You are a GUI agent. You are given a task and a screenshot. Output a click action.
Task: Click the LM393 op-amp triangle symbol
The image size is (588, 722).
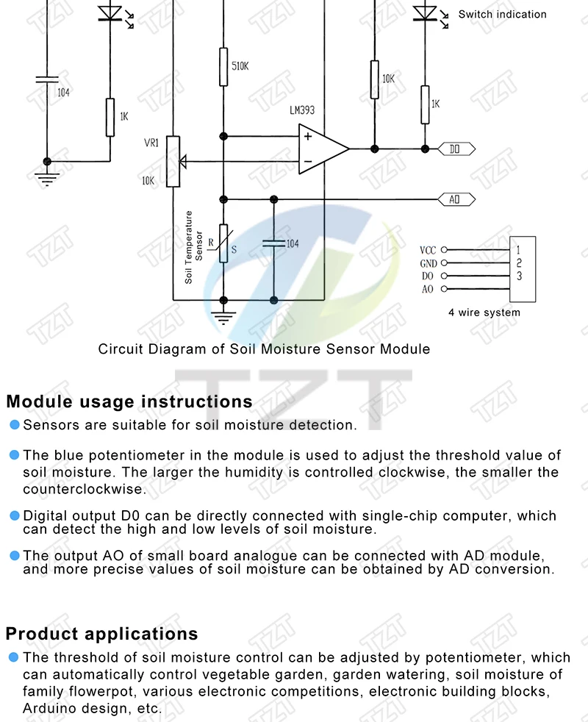[322, 149]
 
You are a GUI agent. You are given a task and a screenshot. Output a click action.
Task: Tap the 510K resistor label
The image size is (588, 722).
[240, 66]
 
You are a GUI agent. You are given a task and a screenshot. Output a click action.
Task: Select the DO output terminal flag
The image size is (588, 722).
[456, 149]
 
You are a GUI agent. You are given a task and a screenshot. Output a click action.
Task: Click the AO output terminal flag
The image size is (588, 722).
[456, 199]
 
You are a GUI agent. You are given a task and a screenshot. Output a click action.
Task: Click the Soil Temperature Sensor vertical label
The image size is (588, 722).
[193, 247]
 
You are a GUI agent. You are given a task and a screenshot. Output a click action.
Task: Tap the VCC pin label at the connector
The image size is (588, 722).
[428, 251]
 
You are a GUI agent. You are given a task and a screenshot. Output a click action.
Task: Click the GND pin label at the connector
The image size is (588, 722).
[428, 263]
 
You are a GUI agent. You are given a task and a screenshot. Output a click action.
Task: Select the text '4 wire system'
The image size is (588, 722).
[484, 312]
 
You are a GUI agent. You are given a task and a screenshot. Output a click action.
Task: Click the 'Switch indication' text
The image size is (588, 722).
[503, 14]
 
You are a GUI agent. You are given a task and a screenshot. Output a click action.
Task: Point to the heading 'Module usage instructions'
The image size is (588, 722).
[129, 402]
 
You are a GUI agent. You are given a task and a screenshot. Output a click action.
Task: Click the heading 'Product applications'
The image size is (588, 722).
[102, 634]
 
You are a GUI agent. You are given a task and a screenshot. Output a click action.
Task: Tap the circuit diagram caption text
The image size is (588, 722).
[264, 349]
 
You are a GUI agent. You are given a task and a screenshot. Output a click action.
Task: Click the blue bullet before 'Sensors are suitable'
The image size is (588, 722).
[14, 425]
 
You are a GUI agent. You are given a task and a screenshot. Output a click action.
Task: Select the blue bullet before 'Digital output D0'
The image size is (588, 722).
[14, 515]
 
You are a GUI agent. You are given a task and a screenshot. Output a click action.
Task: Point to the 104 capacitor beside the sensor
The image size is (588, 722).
[274, 242]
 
